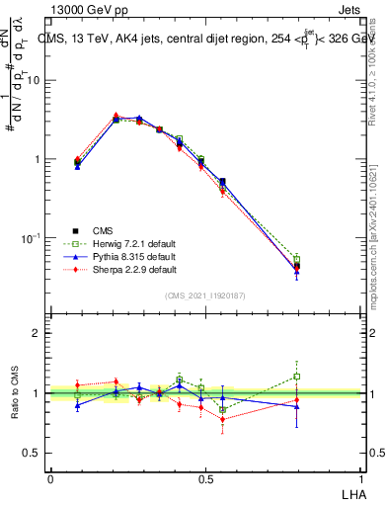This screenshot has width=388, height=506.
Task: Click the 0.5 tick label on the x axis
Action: [204, 477]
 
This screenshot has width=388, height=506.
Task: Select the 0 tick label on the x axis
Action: [50, 477]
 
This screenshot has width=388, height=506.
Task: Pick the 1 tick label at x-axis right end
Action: [358, 477]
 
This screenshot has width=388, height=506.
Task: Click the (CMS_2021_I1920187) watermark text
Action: [203, 295]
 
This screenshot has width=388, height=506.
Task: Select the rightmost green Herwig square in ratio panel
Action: [297, 376]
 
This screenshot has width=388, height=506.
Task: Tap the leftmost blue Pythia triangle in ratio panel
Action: [78, 405]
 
